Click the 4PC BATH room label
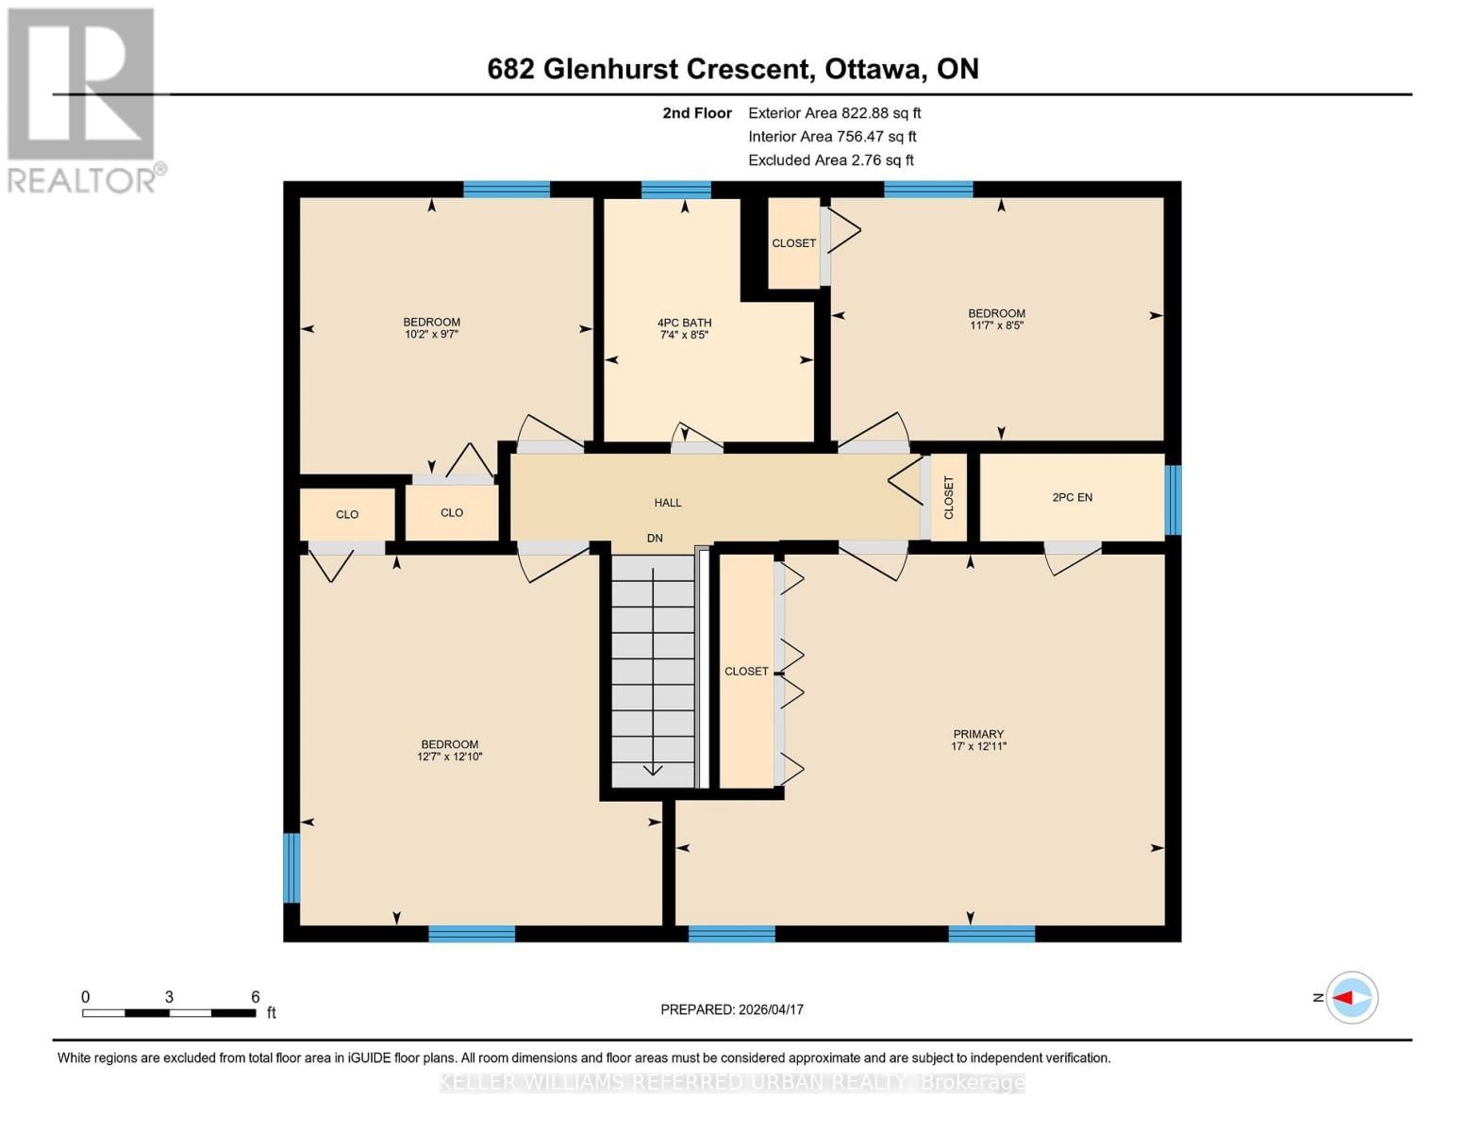click(x=684, y=323)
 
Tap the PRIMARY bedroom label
click(x=978, y=734)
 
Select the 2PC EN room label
click(x=1072, y=497)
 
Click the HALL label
click(x=668, y=503)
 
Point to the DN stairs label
click(x=655, y=539)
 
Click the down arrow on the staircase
click(x=653, y=768)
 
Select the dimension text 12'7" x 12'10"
click(x=450, y=757)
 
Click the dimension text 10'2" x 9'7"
click(x=431, y=334)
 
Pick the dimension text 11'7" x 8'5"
click(x=996, y=325)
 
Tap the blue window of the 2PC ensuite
click(x=1173, y=500)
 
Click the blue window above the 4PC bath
click(x=675, y=190)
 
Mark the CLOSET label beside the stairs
click(x=746, y=672)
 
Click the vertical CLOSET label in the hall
click(x=949, y=497)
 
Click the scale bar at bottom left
click(x=169, y=1013)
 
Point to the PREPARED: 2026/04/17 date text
click(x=732, y=1009)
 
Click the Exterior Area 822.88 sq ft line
click(x=834, y=113)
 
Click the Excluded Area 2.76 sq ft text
click(x=830, y=160)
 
